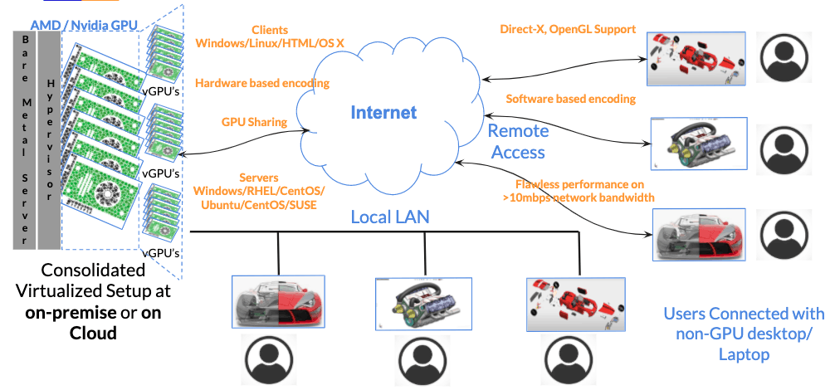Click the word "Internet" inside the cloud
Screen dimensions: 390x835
click(x=383, y=112)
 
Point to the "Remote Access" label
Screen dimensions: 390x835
click(x=518, y=141)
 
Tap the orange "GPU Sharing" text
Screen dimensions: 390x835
click(x=254, y=122)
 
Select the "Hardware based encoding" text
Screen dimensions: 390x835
click(x=262, y=83)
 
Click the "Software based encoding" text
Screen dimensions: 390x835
click(x=570, y=99)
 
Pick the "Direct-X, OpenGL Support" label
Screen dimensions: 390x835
click(x=567, y=29)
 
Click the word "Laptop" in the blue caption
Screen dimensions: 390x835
click(x=743, y=353)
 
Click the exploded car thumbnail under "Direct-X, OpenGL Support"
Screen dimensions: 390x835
click(x=695, y=58)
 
